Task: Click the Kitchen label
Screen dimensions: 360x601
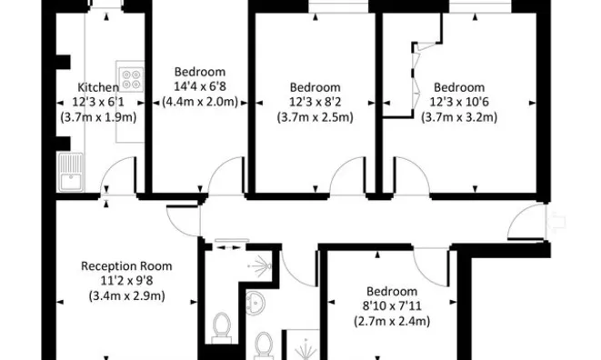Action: [x=98, y=87]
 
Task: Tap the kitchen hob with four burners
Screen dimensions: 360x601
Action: [x=128, y=77]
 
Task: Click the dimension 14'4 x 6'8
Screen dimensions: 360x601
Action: [x=200, y=86]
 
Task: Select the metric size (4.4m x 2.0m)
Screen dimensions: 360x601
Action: [x=200, y=101]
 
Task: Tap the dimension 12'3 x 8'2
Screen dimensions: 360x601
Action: [x=316, y=103]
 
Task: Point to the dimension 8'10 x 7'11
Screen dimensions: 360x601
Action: [x=392, y=306]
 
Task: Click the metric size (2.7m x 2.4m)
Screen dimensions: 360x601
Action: [x=392, y=321]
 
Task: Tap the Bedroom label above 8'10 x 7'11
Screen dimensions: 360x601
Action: [x=392, y=292]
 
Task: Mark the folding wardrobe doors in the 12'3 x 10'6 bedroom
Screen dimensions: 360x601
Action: [x=415, y=78]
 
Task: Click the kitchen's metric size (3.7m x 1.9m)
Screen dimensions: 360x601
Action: [x=98, y=116]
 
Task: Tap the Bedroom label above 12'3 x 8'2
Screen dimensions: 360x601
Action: [x=316, y=88]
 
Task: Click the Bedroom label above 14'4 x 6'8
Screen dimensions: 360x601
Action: [x=200, y=72]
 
